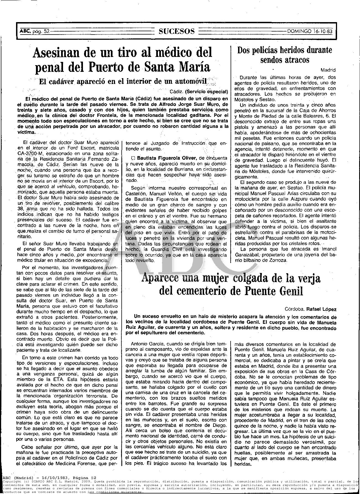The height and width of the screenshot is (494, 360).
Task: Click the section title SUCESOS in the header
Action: (177, 31)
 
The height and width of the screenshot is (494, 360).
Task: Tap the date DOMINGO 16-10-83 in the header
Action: (310, 31)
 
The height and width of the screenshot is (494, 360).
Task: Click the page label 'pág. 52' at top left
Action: (41, 31)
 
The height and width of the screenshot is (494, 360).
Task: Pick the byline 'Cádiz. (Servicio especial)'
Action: (199, 92)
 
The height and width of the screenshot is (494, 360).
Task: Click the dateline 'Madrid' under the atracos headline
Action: (328, 70)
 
